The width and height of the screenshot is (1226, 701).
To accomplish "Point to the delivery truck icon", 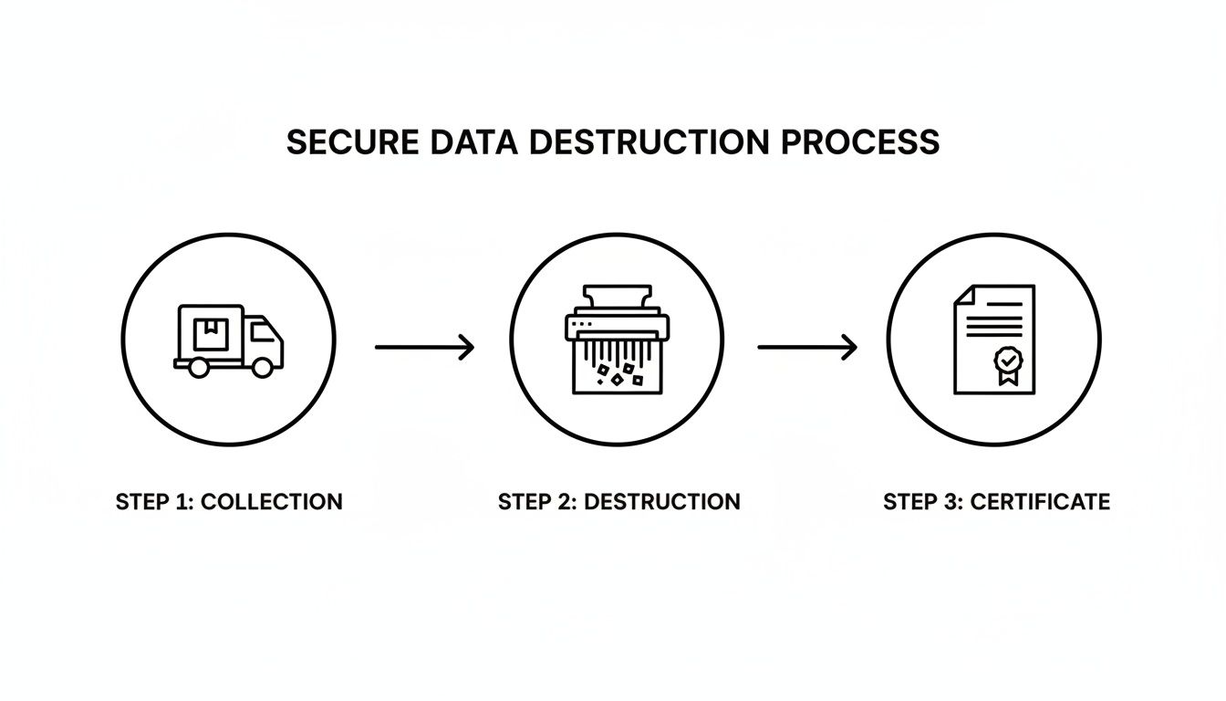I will (228, 340).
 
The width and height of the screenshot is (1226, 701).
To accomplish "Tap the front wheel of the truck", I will (262, 367).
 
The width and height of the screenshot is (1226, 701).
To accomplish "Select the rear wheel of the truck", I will (197, 367).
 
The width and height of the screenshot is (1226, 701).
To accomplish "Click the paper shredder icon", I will (617, 339).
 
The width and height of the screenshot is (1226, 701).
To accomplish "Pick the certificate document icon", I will (994, 339).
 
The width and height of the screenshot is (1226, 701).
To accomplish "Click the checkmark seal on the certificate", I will (1007, 362).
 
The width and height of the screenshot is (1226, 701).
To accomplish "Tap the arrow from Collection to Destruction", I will (424, 347).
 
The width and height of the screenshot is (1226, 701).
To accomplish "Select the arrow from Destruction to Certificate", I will (807, 347).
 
